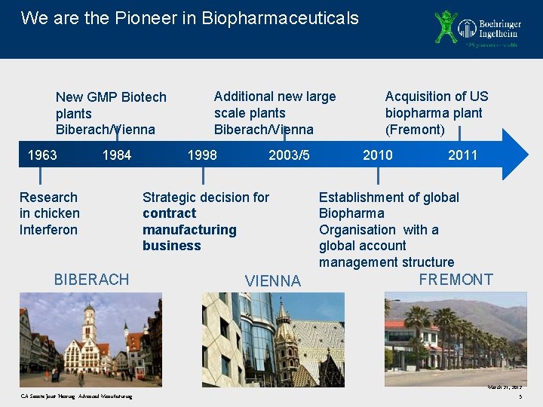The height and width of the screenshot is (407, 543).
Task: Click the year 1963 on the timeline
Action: click(x=42, y=155)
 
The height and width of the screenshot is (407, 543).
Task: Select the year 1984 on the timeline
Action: click(x=116, y=155)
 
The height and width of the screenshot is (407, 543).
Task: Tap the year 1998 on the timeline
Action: click(x=202, y=155)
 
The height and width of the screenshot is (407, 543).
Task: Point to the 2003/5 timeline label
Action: click(x=289, y=155)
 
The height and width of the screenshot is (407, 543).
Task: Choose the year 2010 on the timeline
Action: click(x=377, y=155)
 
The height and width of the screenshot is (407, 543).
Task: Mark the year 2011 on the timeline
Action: click(x=462, y=155)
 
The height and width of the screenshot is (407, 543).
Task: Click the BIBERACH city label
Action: click(x=91, y=280)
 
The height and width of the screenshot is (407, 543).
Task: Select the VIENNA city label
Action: click(x=273, y=281)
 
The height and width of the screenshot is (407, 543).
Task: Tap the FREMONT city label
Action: click(x=456, y=280)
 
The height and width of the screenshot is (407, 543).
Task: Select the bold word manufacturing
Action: click(x=189, y=230)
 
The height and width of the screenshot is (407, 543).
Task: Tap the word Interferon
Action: click(x=48, y=230)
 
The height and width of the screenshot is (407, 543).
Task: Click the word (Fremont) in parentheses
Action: click(x=415, y=130)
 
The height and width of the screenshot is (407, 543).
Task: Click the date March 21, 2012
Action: click(x=505, y=387)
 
